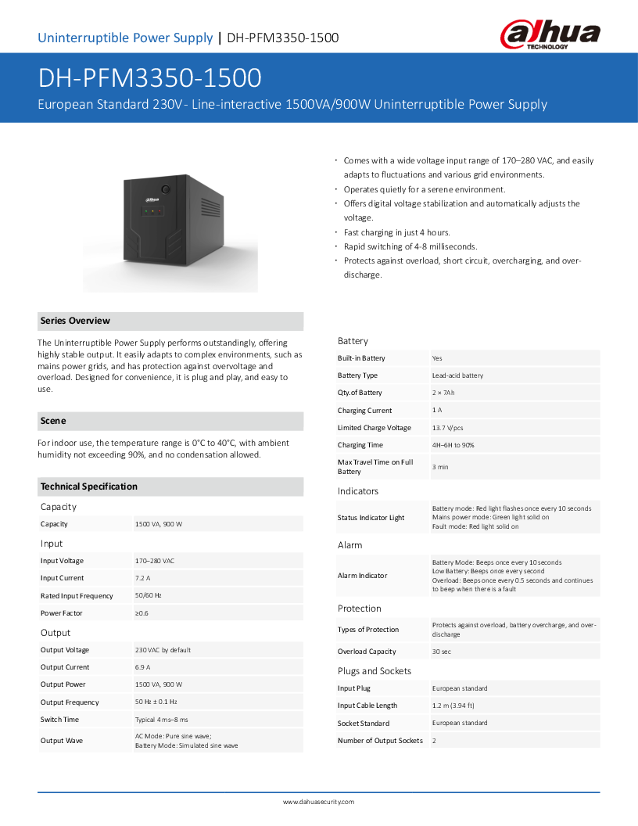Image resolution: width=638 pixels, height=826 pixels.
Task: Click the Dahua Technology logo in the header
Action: pos(550,35)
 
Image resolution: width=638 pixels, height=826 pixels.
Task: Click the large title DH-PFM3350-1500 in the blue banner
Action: pos(149,78)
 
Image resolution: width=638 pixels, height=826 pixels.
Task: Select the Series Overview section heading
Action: pos(75,321)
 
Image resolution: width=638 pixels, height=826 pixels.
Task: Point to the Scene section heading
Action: pos(53,421)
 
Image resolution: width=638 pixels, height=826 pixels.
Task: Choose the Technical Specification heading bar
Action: pos(88,487)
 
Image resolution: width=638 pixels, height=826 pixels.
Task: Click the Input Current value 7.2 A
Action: pos(143,578)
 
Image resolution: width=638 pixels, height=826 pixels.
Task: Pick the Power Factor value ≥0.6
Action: pos(142,613)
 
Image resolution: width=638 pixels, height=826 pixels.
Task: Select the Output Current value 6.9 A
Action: pos(143,667)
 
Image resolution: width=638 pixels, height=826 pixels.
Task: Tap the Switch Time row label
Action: pos(59,720)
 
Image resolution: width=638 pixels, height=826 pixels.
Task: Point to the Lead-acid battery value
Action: pos(457,375)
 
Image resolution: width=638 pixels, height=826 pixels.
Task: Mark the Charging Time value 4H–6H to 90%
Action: pos(453,445)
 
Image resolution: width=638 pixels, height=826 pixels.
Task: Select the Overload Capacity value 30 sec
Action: pos(441,652)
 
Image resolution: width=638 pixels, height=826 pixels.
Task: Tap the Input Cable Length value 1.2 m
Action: pos(453,706)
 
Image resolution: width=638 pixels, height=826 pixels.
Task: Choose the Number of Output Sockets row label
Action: pos(380,741)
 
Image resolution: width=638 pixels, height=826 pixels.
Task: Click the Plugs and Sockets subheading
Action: pos(374,671)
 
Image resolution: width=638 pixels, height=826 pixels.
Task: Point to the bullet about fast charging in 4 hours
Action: pos(396,232)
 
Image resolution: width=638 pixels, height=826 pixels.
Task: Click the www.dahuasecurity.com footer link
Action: pos(318,802)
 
